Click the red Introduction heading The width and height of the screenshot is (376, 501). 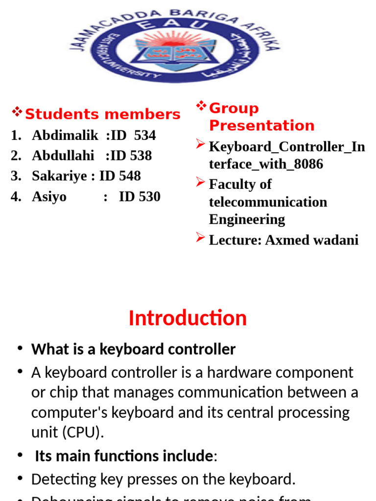point(188,319)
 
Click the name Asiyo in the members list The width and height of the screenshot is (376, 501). point(49,197)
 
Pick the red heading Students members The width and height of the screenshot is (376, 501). point(102,114)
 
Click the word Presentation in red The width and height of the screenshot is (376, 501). point(261,126)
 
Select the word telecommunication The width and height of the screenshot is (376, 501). point(268,202)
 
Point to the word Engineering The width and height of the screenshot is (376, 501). point(247,220)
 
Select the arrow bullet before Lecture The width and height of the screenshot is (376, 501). point(200,238)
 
